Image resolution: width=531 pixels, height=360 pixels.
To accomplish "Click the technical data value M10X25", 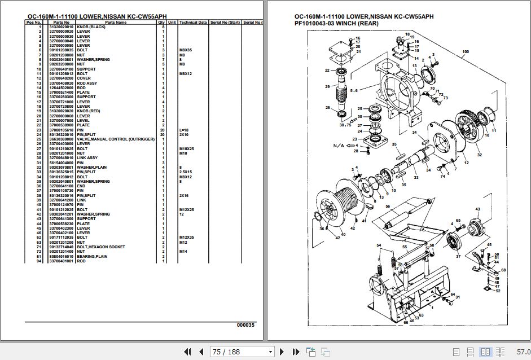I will [187, 148].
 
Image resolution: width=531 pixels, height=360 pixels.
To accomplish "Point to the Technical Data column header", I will [192, 22].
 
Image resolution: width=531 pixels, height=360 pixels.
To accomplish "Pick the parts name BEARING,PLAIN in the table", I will [93, 256].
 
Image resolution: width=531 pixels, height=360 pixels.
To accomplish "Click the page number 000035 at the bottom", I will [245, 324].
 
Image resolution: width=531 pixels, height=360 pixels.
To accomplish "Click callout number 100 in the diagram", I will [465, 52].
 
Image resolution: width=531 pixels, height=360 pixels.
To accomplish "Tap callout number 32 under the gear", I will [479, 154].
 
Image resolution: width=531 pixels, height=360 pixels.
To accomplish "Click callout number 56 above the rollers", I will [388, 207].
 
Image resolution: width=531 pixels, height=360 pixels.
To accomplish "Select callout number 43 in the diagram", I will [477, 209].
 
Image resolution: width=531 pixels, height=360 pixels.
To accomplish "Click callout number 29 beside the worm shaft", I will [327, 86].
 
